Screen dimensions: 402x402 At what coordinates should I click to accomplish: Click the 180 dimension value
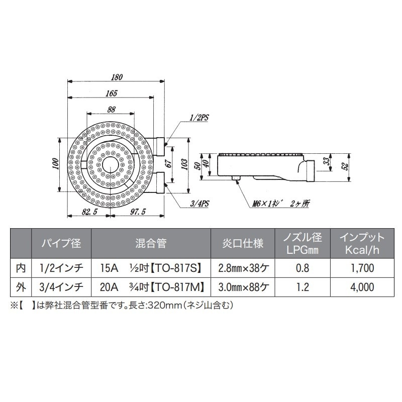tap(117, 77)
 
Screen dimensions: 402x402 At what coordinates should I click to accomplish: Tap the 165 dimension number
tap(111, 93)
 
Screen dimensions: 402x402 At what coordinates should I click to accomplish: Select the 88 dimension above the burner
tap(111, 110)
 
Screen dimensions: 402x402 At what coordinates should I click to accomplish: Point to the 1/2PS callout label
tap(199, 118)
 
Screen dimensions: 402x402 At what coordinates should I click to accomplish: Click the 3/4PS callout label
tap(199, 204)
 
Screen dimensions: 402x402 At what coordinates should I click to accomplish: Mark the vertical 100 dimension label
tap(55, 164)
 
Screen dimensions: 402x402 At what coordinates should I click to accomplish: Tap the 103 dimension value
tap(184, 164)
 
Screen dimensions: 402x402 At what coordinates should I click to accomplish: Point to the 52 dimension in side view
tap(345, 167)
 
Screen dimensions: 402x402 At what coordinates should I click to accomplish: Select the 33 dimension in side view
tap(326, 161)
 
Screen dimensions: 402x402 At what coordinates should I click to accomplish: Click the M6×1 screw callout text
tap(281, 204)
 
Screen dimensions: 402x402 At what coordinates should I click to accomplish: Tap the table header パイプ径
tap(61, 243)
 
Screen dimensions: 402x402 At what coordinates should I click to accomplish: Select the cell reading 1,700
tap(362, 268)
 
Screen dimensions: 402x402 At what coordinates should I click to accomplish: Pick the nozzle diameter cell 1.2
tap(303, 287)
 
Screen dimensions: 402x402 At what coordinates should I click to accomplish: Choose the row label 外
tap(21, 287)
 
